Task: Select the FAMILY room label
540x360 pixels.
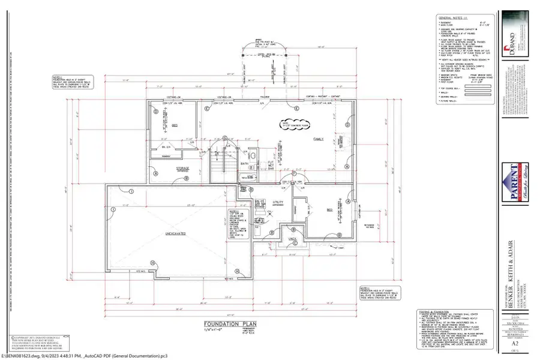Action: coord(318,139)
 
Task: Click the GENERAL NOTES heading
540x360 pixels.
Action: coord(448,19)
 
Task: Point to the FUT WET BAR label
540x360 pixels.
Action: coord(270,164)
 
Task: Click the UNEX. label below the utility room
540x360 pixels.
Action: coord(293,239)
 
